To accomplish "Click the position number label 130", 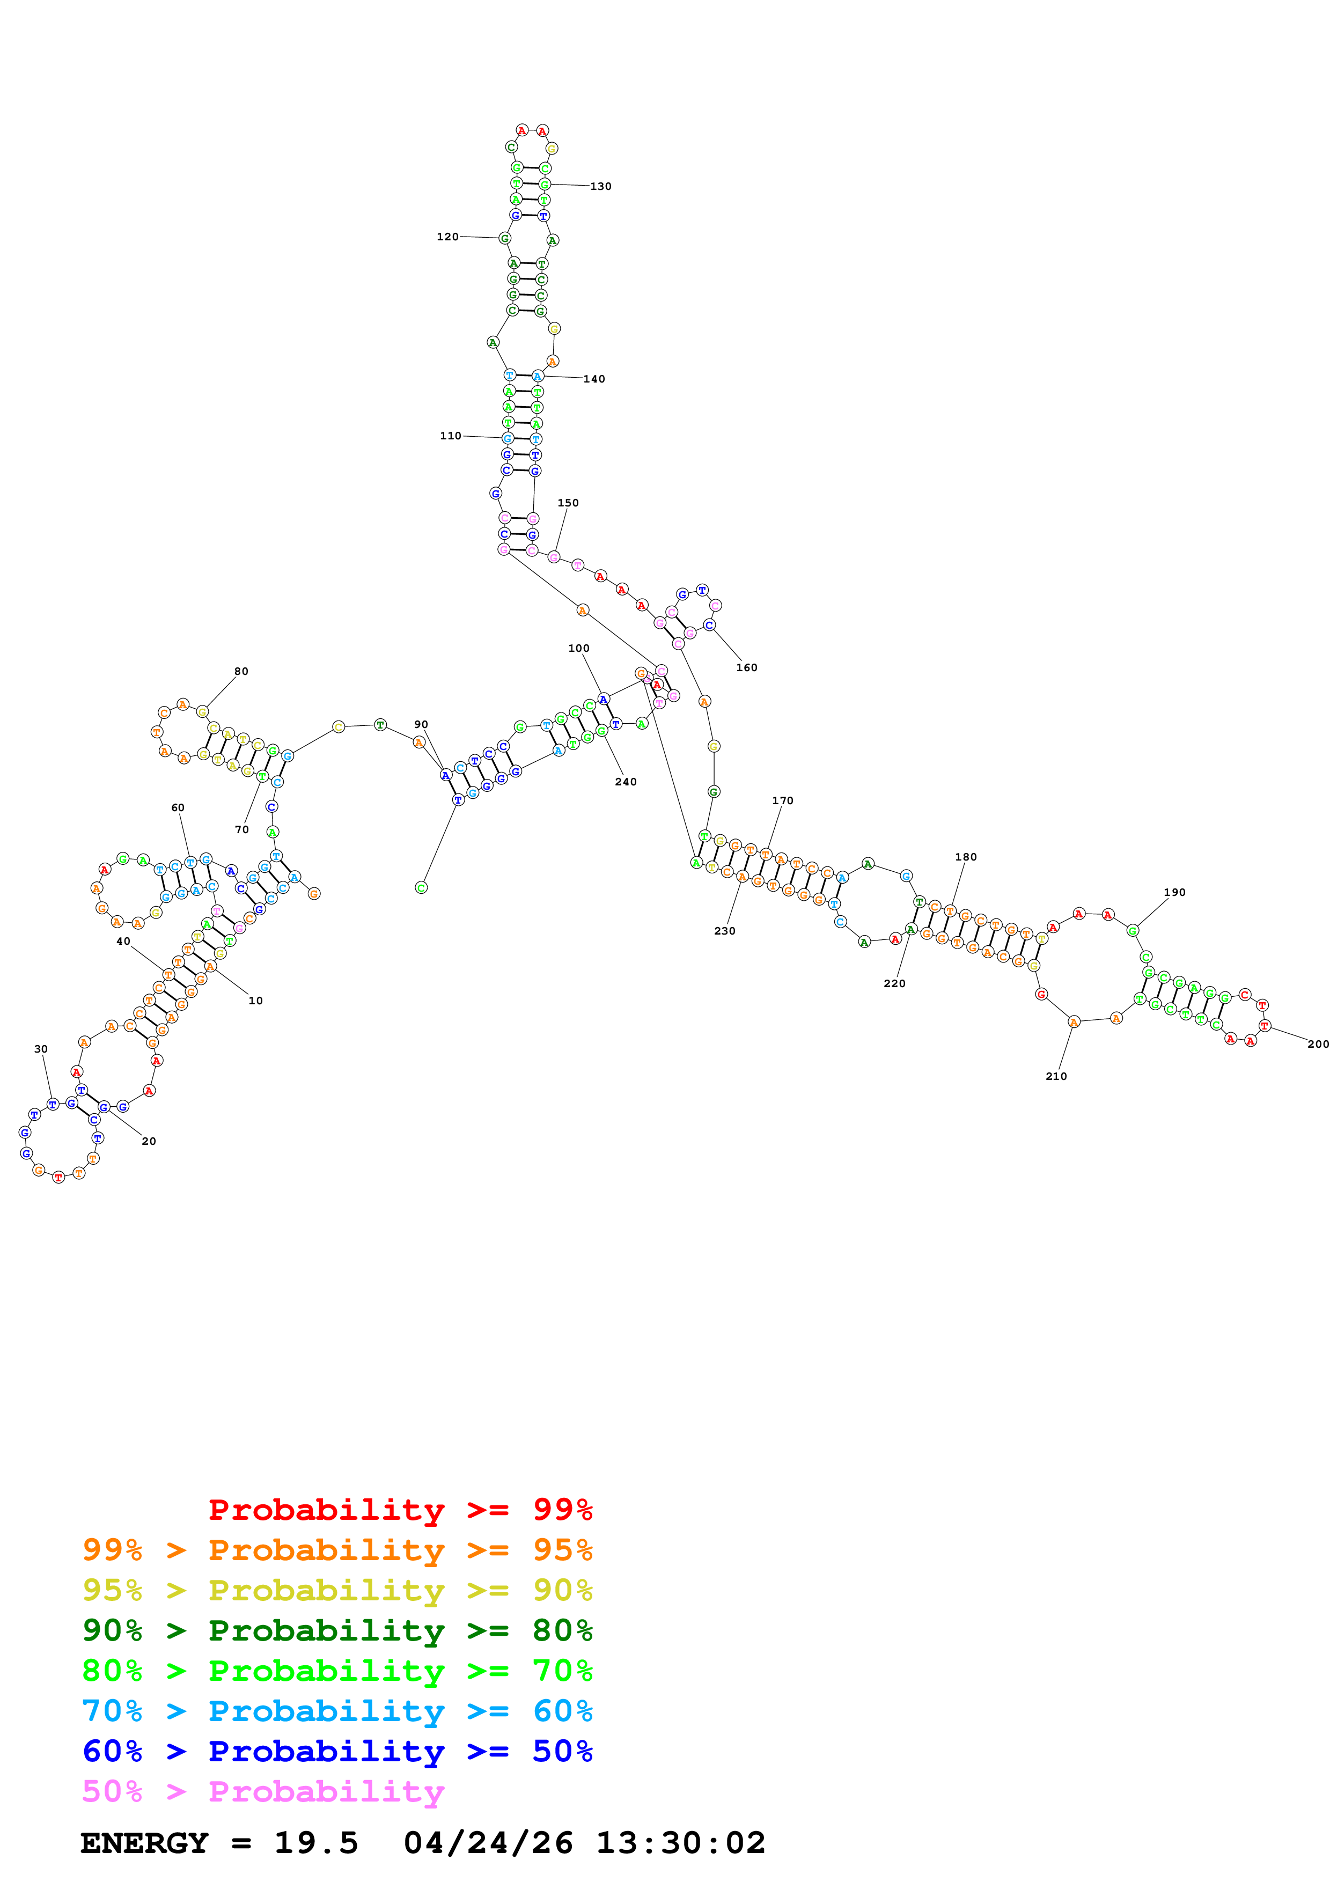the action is click(x=601, y=186).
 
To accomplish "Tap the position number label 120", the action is click(x=447, y=237).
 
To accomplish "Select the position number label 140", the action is click(x=594, y=379).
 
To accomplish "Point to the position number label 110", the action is click(x=451, y=436).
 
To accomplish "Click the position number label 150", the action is click(x=568, y=503).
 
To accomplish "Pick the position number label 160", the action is click(x=746, y=667).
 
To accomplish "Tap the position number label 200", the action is click(x=1318, y=1043).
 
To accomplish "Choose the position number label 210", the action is click(x=1056, y=1076).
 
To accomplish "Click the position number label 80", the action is click(x=241, y=671).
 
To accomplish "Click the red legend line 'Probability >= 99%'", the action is click(x=400, y=1509).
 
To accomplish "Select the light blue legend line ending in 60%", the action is click(x=337, y=1711).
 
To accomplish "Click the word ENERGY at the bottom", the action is click(x=144, y=1843).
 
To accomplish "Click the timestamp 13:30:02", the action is click(x=680, y=1843).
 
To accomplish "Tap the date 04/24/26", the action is click(x=488, y=1843).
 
